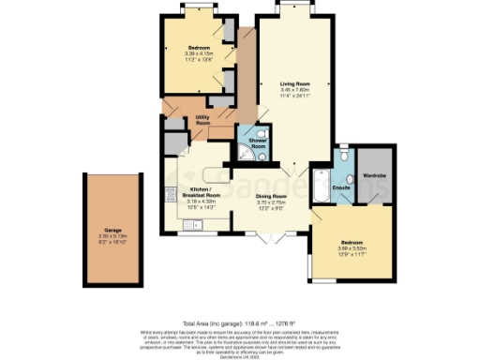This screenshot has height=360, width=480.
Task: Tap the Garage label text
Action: [x=112, y=229]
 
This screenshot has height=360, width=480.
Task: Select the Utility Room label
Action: [x=202, y=120]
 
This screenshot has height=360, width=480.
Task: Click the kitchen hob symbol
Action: [x=170, y=195]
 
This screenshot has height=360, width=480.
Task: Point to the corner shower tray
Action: [x=245, y=158]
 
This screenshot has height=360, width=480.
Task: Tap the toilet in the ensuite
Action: [x=344, y=156]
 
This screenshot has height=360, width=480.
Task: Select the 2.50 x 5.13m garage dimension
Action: [x=112, y=235]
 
